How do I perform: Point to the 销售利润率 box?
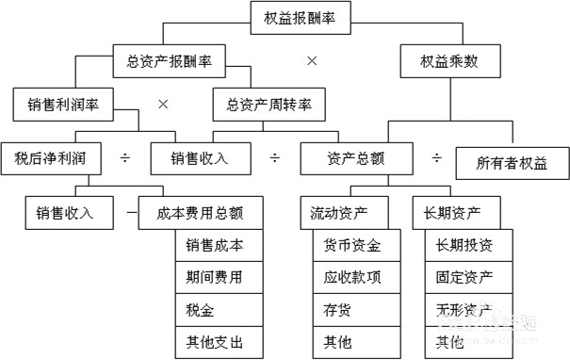pos(57,104)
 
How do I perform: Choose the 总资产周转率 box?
pos(269,104)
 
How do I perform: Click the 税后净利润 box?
pos(50,157)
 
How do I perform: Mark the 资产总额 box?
pos(344,157)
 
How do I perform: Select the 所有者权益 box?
pos(513,162)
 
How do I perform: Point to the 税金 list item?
pos(214,308)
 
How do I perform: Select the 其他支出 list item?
pos(214,341)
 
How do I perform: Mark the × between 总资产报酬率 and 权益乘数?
pos(312,60)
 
